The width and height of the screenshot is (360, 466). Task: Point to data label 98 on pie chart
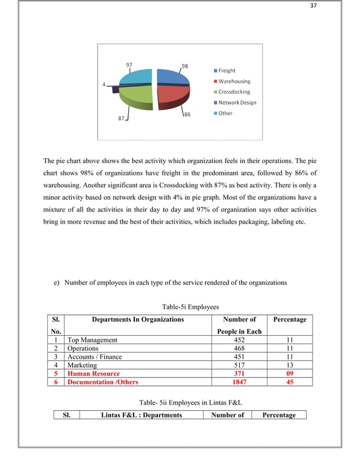[x=186, y=65]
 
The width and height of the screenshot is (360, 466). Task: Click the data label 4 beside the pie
[x=104, y=85]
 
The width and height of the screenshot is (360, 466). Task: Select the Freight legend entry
[x=227, y=71]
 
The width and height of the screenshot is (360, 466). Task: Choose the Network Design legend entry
[x=237, y=102]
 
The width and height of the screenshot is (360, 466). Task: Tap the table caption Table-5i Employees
[x=190, y=307]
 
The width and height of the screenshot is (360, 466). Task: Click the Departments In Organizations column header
[x=138, y=319]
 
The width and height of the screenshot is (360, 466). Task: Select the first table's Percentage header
[x=289, y=319]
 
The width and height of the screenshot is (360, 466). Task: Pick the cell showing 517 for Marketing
[x=239, y=365]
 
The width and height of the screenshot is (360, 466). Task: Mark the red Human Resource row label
[x=94, y=373]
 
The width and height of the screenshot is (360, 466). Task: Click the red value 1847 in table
[x=239, y=382]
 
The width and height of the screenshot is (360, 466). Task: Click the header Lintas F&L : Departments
[x=141, y=415]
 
